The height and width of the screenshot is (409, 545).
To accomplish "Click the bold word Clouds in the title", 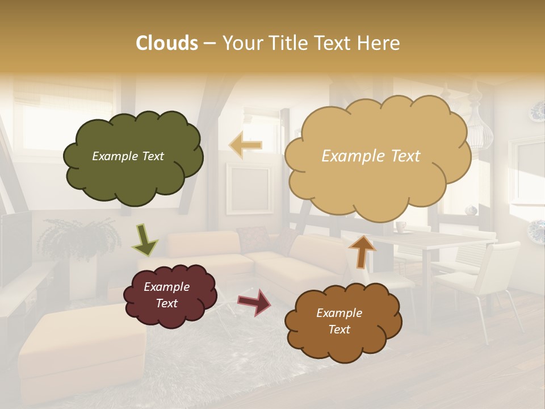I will tap(167, 43).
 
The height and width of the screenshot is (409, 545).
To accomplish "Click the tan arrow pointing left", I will tap(246, 145).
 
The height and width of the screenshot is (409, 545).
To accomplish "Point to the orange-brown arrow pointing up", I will tap(362, 251).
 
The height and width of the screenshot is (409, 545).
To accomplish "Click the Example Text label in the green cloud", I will tap(128, 156).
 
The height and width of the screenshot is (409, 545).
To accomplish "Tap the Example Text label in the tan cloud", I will tap(371, 156).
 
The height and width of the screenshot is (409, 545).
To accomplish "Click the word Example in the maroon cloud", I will tap(166, 287).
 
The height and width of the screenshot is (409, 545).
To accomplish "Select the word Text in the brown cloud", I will tap(339, 329).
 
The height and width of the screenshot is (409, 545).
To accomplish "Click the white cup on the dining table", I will tap(401, 227).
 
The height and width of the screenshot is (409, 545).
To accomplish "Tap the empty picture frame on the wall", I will tap(248, 187).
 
